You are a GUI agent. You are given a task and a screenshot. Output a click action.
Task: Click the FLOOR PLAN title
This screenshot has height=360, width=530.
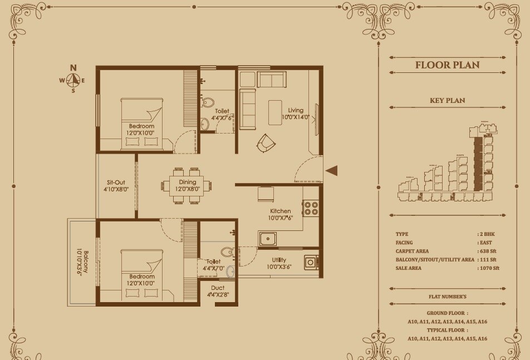click(x=447, y=65)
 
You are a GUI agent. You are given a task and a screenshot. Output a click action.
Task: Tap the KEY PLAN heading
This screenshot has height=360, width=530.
click(x=447, y=101)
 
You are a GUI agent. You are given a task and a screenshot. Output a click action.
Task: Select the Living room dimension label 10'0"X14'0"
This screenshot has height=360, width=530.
click(x=295, y=117)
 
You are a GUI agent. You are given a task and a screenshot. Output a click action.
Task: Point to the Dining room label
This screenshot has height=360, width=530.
click(x=187, y=182)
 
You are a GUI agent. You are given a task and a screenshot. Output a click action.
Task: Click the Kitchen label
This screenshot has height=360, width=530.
click(x=281, y=211)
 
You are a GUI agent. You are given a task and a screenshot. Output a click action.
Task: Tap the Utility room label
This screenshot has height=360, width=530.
click(x=279, y=260)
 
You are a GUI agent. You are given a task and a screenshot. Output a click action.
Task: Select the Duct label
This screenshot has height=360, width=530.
click(x=218, y=288)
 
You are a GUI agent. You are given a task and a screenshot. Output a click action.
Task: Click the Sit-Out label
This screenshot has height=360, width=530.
click(x=116, y=182)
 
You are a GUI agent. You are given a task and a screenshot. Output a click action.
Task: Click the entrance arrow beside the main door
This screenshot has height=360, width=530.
click(x=331, y=171)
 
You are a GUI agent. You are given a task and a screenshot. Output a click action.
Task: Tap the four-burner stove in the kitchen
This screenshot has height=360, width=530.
click(x=311, y=209)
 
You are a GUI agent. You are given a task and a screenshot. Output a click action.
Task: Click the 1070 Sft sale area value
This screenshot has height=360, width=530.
click(x=489, y=268)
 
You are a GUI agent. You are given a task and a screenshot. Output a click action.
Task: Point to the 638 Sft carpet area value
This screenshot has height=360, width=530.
click(x=487, y=251)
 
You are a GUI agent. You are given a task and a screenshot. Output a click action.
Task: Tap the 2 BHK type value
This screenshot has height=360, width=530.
click(x=486, y=234)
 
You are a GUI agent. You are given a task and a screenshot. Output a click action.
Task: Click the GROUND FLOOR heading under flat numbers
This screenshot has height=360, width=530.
click(x=447, y=313)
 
